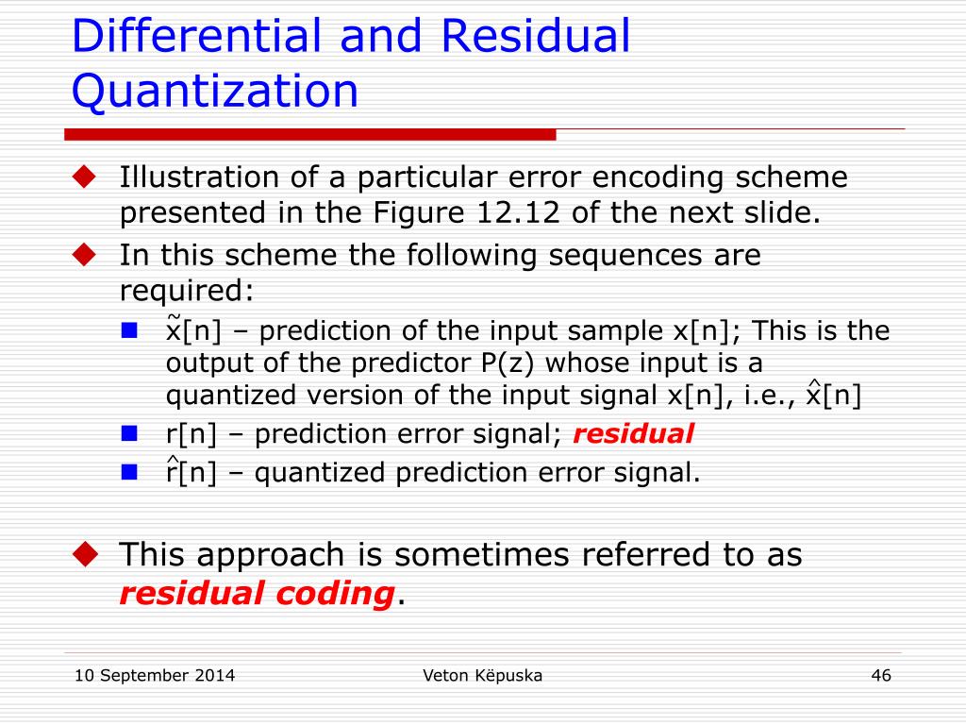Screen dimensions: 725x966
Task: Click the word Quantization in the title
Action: tap(215, 92)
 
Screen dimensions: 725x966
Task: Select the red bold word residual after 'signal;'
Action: tap(633, 434)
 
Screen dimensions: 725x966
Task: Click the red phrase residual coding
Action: tap(257, 594)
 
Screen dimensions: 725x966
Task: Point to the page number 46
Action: tap(881, 675)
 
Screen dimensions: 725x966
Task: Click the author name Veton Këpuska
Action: tap(483, 675)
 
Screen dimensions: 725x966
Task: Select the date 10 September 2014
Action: tap(155, 675)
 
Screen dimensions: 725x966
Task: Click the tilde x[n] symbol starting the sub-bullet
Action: tap(192, 330)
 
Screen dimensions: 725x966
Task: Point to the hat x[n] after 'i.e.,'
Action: tap(833, 395)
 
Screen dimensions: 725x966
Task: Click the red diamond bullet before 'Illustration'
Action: tap(86, 176)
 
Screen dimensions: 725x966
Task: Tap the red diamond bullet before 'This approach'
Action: tap(86, 553)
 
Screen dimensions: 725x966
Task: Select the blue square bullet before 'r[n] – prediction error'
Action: tap(130, 434)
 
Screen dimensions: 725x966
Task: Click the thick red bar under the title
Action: tap(311, 134)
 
